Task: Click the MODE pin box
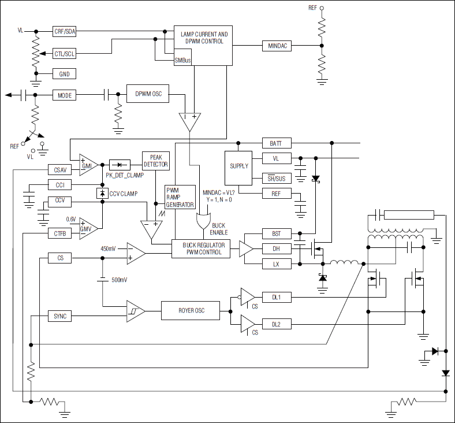65,95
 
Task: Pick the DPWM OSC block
148,94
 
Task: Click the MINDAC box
277,45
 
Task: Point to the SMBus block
182,60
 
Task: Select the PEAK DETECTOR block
155,161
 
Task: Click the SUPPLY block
238,166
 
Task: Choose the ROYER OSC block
191,311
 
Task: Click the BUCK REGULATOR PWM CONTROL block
202,249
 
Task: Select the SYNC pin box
59,316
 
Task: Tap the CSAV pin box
59,170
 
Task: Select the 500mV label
119,280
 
